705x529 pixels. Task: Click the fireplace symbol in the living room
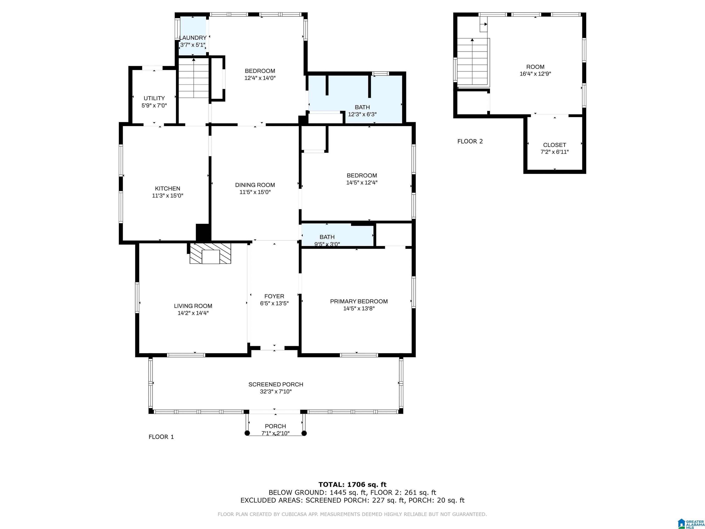(x=210, y=253)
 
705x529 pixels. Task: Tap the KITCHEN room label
(x=168, y=189)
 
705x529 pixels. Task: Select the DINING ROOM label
(x=255, y=185)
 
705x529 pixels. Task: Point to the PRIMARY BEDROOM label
(x=359, y=301)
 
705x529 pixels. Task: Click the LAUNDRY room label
(x=193, y=38)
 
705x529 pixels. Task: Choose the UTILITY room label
(x=154, y=98)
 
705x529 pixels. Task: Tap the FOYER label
(x=274, y=296)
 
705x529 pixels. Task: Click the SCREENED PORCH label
(x=276, y=384)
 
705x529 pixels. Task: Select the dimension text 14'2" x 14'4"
(x=193, y=313)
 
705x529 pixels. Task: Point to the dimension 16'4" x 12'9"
(x=535, y=74)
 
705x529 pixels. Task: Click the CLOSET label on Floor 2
(x=554, y=145)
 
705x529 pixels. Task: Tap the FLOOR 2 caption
(x=470, y=141)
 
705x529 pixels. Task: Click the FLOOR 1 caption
(x=161, y=437)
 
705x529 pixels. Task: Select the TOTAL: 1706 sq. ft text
(x=352, y=485)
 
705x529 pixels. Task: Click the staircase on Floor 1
(x=193, y=78)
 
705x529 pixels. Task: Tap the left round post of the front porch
(x=247, y=433)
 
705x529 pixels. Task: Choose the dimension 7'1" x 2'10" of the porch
(x=275, y=433)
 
